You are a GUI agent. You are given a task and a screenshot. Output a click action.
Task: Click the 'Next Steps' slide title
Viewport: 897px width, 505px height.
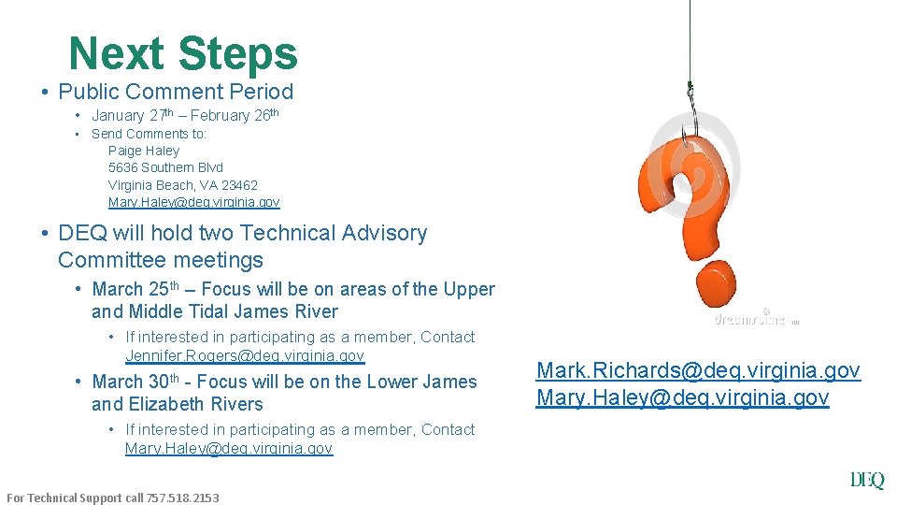[x=183, y=53]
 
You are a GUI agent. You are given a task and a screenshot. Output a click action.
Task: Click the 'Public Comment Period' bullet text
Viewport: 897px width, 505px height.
[x=176, y=92]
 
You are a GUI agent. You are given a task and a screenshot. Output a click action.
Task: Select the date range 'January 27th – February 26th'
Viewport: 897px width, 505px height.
[x=185, y=116]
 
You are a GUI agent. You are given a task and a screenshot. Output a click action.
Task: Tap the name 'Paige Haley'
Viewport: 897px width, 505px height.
[x=144, y=151]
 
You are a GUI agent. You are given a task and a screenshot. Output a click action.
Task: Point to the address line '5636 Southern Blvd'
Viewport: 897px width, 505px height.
[x=165, y=167]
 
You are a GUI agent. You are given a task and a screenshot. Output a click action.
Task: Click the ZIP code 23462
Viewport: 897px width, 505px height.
[x=239, y=185]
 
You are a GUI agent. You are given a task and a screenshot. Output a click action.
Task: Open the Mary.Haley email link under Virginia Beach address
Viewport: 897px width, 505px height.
[x=193, y=202]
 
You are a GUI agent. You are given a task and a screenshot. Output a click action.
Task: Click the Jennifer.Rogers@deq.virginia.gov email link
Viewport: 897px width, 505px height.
[x=244, y=356]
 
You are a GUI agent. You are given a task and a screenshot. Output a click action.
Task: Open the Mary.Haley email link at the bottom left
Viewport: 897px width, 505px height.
[x=228, y=449]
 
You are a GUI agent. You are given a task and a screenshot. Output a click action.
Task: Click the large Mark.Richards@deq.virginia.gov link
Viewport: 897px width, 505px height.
[x=698, y=370]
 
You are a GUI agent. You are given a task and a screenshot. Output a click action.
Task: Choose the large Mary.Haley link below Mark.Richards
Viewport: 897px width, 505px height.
[x=682, y=398]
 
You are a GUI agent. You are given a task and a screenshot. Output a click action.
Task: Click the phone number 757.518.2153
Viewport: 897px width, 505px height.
[x=183, y=498]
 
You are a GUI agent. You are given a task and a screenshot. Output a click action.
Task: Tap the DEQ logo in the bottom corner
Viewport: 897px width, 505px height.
[x=866, y=481]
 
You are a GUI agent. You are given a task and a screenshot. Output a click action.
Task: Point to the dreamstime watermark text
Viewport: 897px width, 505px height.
[x=753, y=318]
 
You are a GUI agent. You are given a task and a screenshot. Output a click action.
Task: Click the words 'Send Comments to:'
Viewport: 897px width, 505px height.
[x=149, y=134]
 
